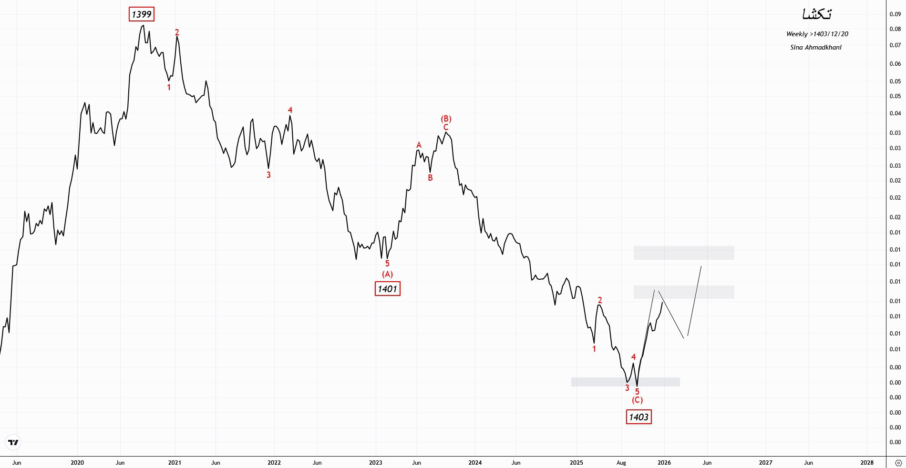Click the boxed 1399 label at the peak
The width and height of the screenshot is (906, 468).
142,14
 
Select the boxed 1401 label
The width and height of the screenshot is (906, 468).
387,289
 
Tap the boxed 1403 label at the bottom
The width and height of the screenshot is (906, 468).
638,417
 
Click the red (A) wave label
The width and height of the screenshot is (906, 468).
387,274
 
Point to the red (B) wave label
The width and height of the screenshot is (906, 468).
446,119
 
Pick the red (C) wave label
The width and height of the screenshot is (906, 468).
637,400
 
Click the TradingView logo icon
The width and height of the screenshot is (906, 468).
13,442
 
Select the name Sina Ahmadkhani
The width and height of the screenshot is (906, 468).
815,47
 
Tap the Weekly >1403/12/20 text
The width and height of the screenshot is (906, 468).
817,34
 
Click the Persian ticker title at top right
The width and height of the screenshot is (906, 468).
817,14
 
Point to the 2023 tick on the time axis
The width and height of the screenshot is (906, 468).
375,462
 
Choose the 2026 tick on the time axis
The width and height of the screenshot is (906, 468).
664,462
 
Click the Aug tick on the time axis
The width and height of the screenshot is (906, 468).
621,462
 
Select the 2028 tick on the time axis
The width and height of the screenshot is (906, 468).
866,462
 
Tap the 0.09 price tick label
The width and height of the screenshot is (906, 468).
895,14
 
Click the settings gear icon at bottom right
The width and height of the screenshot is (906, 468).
898,463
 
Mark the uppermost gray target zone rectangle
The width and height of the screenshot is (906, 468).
683,253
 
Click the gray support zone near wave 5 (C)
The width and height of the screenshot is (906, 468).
625,382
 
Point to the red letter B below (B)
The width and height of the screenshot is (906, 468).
430,178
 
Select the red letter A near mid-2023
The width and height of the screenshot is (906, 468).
419,145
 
